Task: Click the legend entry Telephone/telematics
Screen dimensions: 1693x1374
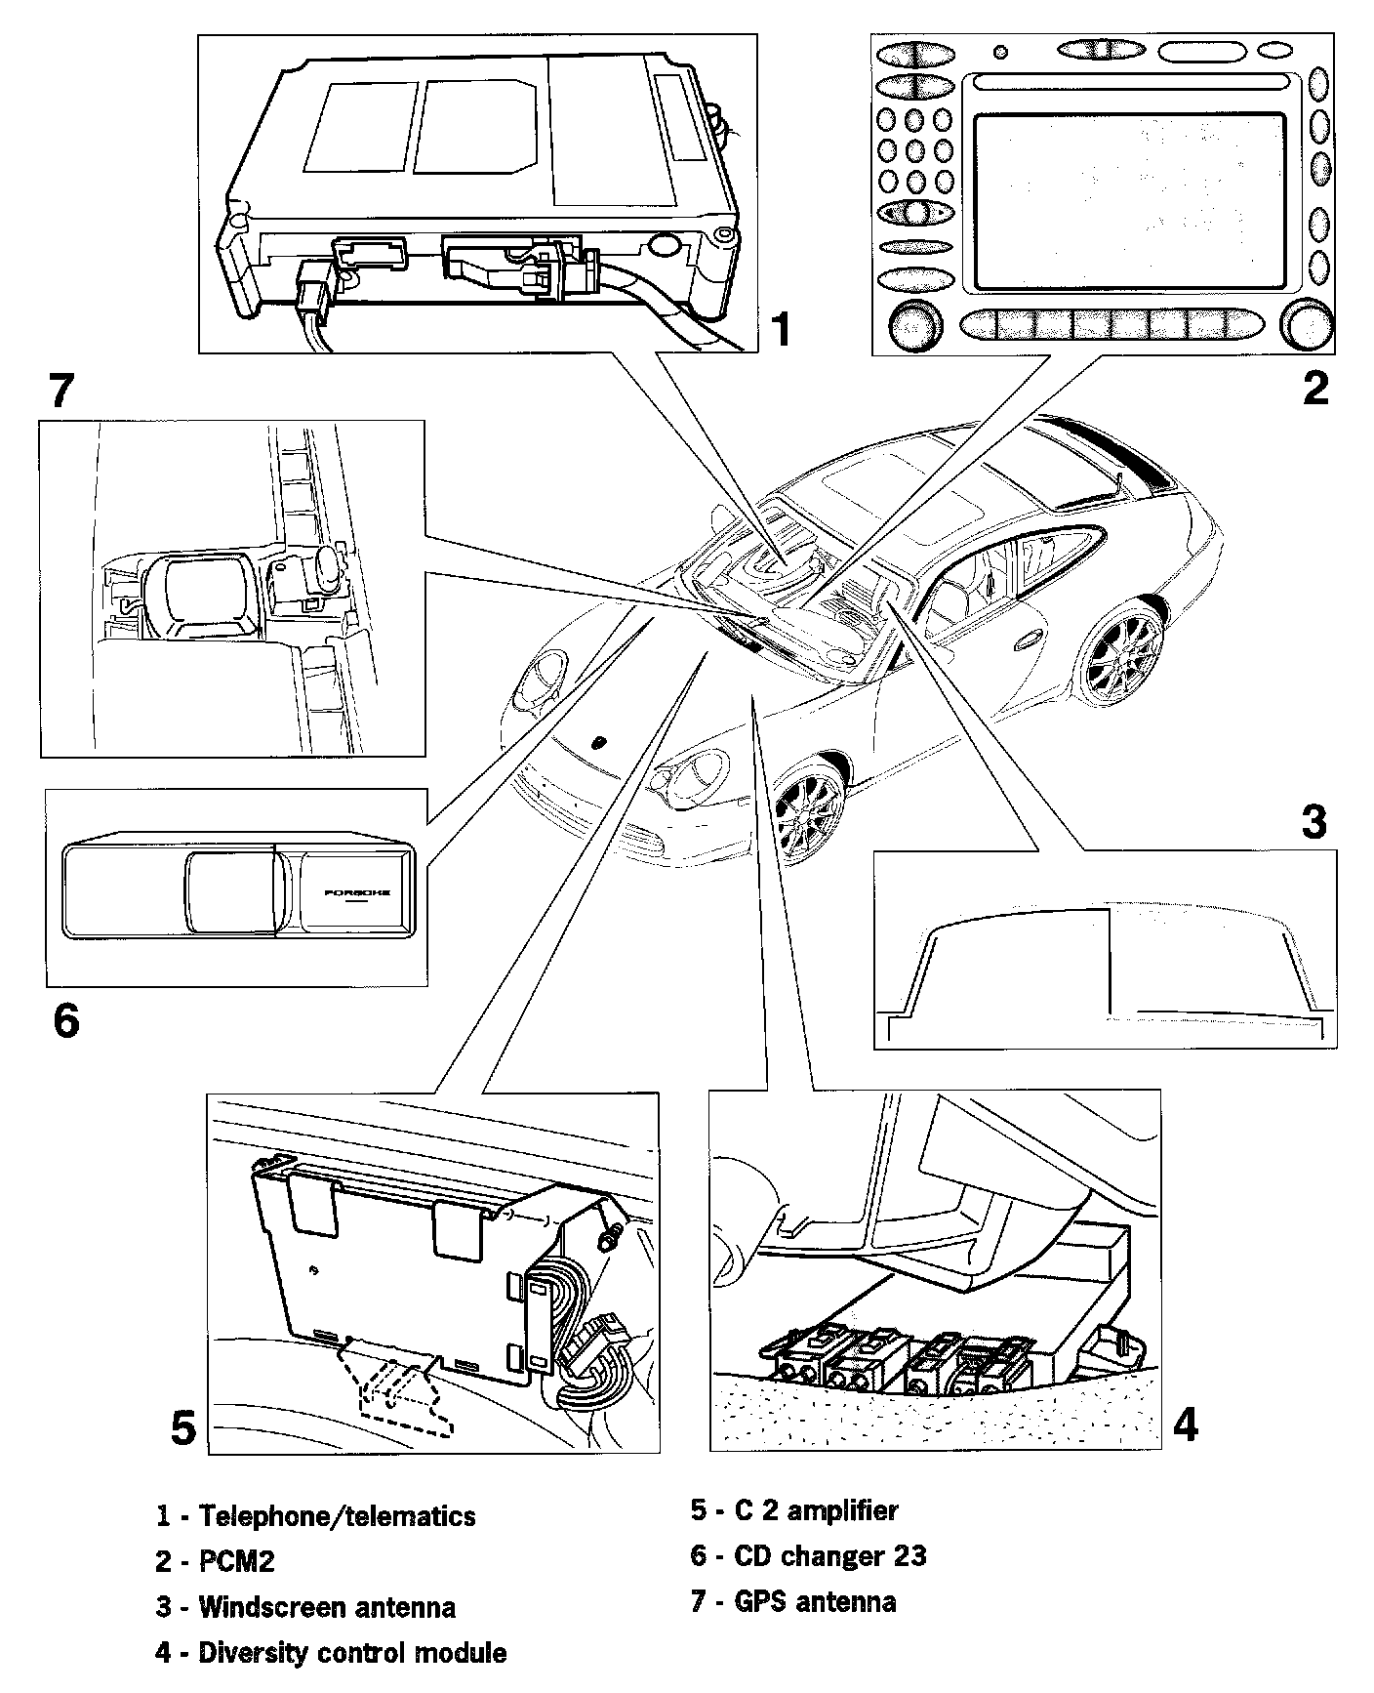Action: [316, 1515]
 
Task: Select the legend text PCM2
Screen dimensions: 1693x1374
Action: [216, 1561]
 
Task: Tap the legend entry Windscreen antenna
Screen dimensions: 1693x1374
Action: [305, 1607]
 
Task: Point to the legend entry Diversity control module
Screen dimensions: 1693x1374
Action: [331, 1653]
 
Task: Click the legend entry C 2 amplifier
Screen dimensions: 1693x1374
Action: [793, 1510]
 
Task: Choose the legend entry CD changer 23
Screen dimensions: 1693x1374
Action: [808, 1555]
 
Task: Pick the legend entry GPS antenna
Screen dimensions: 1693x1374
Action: [792, 1601]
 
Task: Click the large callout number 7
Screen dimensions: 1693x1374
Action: [61, 392]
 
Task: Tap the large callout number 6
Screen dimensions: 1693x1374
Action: [65, 1021]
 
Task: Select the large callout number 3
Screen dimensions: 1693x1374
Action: [1313, 822]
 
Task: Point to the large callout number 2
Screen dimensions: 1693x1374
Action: [1315, 388]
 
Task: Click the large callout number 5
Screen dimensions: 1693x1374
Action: [182, 1427]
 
